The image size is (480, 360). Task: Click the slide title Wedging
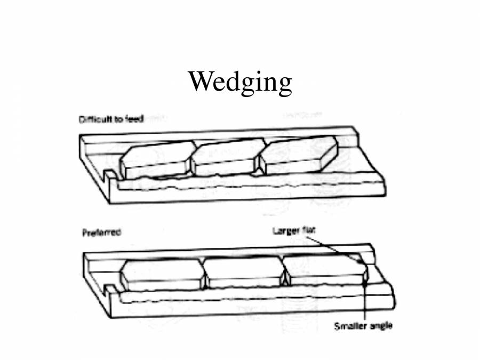point(240,83)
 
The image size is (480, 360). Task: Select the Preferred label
point(101,233)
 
